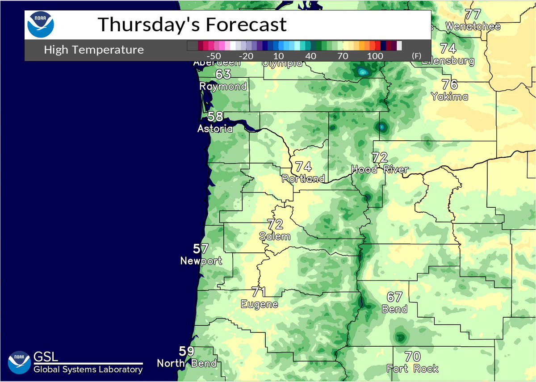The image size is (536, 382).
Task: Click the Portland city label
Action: (x=303, y=179)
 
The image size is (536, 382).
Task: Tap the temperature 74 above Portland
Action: (x=303, y=167)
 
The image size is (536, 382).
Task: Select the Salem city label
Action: (x=275, y=236)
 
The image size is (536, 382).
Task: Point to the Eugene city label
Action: (x=260, y=304)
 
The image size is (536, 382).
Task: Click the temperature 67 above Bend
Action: (x=395, y=297)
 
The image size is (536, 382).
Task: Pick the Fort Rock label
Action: (x=413, y=369)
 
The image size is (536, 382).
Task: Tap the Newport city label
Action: (x=201, y=260)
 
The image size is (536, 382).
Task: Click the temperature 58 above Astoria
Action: (x=215, y=117)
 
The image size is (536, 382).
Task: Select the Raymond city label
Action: (x=223, y=86)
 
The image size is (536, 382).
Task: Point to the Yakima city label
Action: (x=449, y=96)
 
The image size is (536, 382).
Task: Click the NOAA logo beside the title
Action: (x=41, y=25)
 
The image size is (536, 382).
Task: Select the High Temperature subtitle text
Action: (x=94, y=50)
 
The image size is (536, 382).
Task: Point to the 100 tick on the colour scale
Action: (x=376, y=56)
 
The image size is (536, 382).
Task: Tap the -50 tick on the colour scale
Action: (x=215, y=56)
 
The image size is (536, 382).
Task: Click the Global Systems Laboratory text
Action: (x=88, y=369)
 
